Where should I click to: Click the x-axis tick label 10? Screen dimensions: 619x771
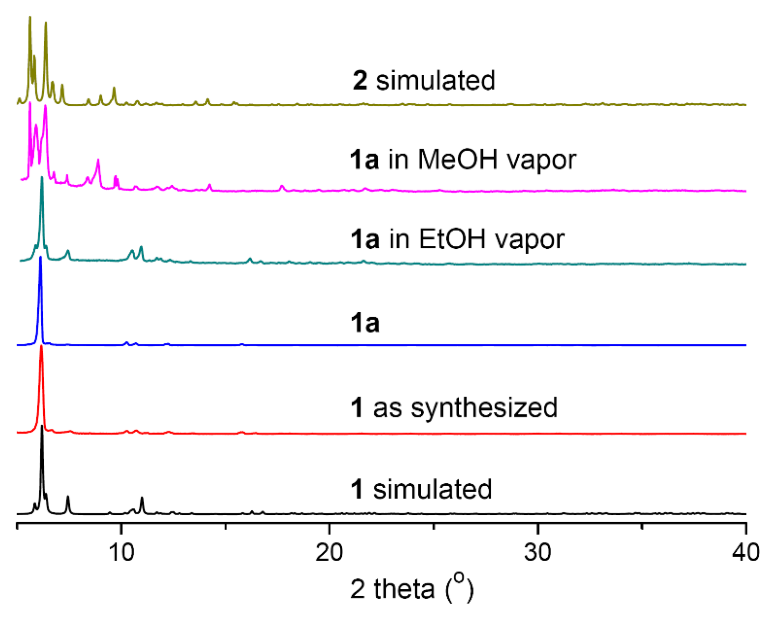click(121, 553)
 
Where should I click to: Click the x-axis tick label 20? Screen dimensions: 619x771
click(329, 553)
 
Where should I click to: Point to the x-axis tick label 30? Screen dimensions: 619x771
click(537, 553)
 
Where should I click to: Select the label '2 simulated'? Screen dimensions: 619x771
click(424, 80)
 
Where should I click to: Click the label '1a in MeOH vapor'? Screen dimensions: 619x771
click(463, 160)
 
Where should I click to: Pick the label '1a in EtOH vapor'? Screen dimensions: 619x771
click(457, 239)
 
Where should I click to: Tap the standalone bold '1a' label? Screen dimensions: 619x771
click(365, 323)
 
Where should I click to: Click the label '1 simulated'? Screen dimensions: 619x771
click(421, 489)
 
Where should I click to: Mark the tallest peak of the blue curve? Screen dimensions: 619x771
click(40, 258)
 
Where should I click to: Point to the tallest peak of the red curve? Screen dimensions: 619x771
click(41, 347)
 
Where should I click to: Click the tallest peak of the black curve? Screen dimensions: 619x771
click(42, 426)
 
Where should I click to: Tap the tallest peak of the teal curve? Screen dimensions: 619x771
click(42, 177)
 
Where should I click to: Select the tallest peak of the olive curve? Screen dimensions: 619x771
click(30, 17)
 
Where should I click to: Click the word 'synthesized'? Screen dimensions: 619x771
click(484, 408)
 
